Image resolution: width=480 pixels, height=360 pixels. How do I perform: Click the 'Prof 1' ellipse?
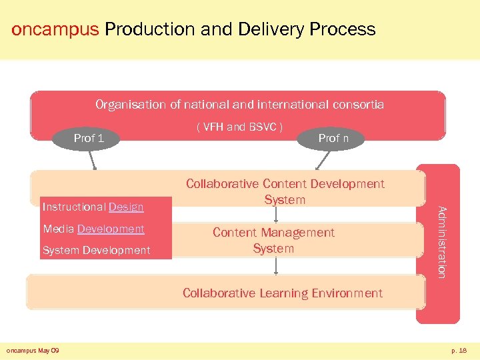tap(88, 138)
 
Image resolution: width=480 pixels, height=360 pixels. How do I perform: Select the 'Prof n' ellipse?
tap(333, 138)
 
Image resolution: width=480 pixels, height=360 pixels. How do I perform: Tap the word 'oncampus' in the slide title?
tap(55, 29)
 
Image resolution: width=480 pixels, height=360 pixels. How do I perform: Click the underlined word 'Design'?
tap(126, 207)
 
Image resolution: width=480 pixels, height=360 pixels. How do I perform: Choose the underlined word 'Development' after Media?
tap(111, 229)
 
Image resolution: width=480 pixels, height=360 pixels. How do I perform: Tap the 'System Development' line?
tap(96, 250)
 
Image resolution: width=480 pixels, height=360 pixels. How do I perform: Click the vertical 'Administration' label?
tap(441, 241)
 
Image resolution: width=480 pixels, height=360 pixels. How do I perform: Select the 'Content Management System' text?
tap(273, 240)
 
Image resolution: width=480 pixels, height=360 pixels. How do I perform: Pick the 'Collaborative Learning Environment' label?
tap(282, 293)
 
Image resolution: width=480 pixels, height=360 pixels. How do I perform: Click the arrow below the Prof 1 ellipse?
tap(93, 160)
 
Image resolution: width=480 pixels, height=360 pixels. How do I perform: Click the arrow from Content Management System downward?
tap(275, 265)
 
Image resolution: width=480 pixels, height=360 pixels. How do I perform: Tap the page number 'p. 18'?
tap(459, 350)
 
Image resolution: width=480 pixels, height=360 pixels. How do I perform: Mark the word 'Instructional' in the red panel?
tap(74, 207)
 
